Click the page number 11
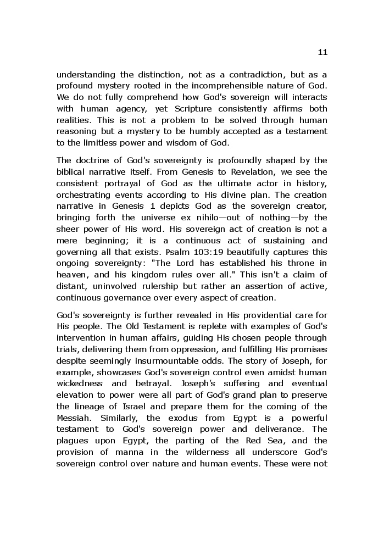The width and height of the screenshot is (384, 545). tap(322, 52)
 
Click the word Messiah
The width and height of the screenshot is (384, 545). tap(74, 418)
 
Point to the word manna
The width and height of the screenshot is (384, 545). tap(126, 452)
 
